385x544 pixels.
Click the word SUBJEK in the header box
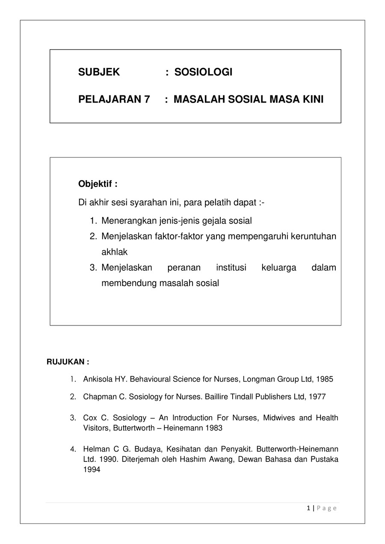pyautogui.click(x=99, y=72)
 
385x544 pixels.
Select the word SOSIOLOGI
pyautogui.click(x=203, y=72)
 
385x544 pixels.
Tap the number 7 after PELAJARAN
pyautogui.click(x=147, y=100)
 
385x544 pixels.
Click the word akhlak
pyautogui.click(x=114, y=252)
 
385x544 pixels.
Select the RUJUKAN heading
pyautogui.click(x=68, y=362)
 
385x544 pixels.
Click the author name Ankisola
pyautogui.click(x=98, y=379)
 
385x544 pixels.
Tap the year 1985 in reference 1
pyautogui.click(x=325, y=379)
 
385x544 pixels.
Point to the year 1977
pyautogui.click(x=317, y=397)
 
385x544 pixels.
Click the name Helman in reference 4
pyautogui.click(x=94, y=449)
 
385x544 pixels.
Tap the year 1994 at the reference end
pyautogui.click(x=92, y=470)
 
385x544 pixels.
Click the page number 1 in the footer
pyautogui.click(x=308, y=508)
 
